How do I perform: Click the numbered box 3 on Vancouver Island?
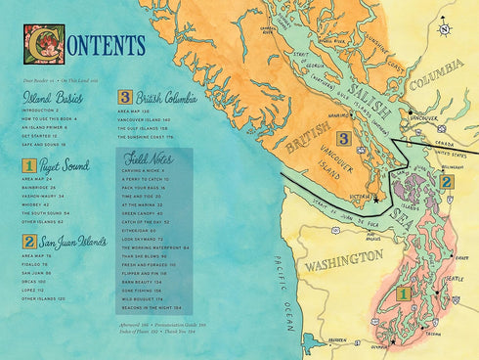click(x=343, y=139)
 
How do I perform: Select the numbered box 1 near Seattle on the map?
click(x=401, y=292)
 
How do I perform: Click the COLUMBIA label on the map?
click(x=435, y=78)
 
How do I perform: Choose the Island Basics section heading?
click(x=55, y=98)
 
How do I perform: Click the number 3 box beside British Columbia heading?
click(x=125, y=98)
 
